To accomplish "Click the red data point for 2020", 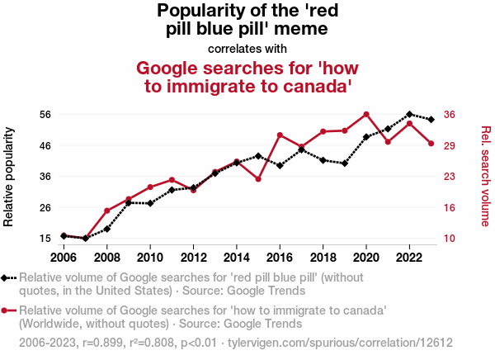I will pyautogui.click(x=366, y=114).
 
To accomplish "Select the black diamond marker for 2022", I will pyautogui.click(x=409, y=114).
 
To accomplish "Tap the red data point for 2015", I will pyautogui.click(x=258, y=179).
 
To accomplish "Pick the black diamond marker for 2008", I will pyautogui.click(x=107, y=229).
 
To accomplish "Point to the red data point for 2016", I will pyautogui.click(x=280, y=135).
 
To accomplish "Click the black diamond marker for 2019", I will pyautogui.click(x=345, y=163).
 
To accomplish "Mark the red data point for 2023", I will pyautogui.click(x=431, y=144).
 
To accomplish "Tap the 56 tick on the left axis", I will pyautogui.click(x=45, y=114).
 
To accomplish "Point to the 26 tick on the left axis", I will pyautogui.click(x=45, y=207).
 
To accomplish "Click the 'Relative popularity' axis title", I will pyautogui.click(x=10, y=177).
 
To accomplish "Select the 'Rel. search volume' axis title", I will pyautogui.click(x=485, y=177).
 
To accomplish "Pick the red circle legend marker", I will pyautogui.click(x=7, y=310).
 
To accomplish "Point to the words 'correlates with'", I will pyautogui.click(x=247, y=48).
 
